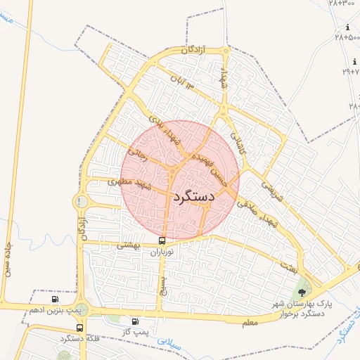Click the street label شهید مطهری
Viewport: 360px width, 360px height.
click(x=129, y=184)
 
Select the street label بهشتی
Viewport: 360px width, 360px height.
click(x=129, y=245)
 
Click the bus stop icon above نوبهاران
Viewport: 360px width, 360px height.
click(x=162, y=240)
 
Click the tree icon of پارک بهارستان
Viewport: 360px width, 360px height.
click(x=302, y=292)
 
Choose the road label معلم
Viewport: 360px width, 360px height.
click(x=249, y=321)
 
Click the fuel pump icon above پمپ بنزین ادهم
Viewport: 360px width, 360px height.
click(x=56, y=300)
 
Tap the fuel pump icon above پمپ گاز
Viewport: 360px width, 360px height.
click(x=135, y=321)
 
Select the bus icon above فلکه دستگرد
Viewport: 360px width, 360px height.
click(x=79, y=328)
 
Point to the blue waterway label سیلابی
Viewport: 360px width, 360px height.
click(x=168, y=343)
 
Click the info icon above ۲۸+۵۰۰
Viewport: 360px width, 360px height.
click(x=347, y=27)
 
